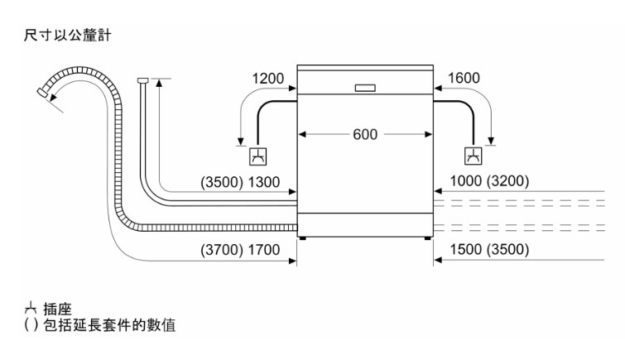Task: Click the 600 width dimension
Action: (365, 135)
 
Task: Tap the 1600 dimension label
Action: (463, 79)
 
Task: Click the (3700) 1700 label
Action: (246, 250)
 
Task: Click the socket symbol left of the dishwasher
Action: (257, 156)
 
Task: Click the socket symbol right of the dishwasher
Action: (473, 156)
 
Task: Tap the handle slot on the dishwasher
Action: (365, 87)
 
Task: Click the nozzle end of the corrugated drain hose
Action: (44, 94)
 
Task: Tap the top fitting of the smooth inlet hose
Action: (143, 80)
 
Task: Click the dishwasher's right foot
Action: (427, 238)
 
